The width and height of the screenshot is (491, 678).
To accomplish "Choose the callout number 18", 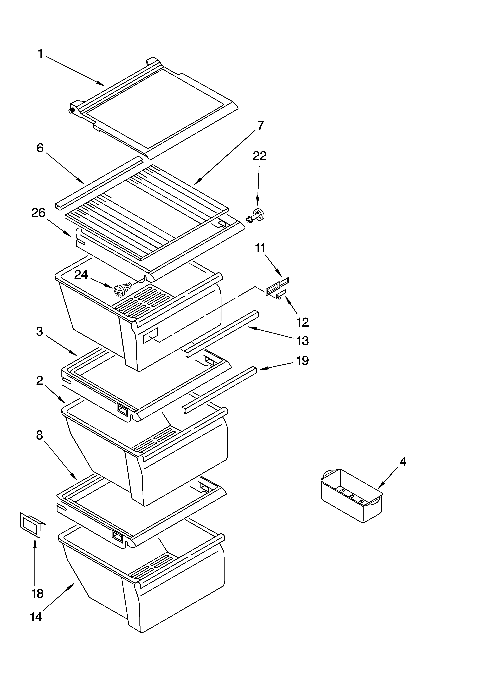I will [37, 593].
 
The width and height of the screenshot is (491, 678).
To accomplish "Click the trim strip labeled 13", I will [221, 332].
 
